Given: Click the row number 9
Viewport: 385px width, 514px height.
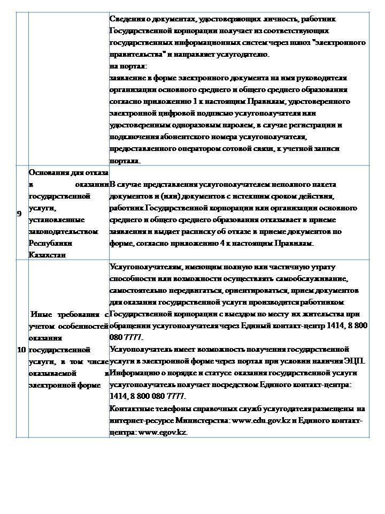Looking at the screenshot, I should [20, 214].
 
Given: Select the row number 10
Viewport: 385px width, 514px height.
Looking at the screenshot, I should [21, 350].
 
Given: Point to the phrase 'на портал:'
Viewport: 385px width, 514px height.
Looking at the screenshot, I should [124, 66].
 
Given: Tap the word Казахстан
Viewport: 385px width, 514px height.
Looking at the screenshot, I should [47, 255].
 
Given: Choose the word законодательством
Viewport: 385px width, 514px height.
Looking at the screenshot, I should [64, 231].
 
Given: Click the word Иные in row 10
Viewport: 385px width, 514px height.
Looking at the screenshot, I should [41, 314].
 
